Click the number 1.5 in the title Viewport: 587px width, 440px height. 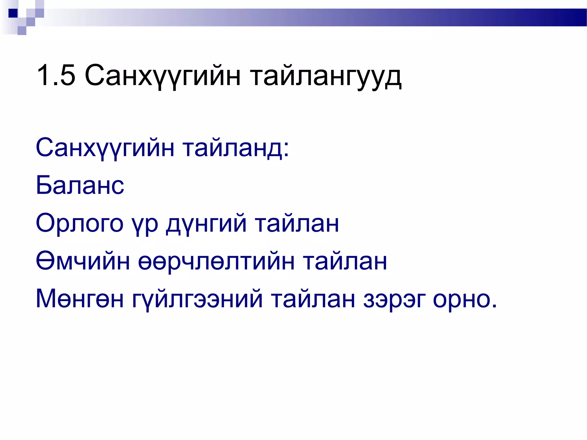click(x=56, y=75)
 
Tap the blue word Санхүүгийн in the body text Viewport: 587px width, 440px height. click(x=105, y=148)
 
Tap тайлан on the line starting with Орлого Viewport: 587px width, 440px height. click(x=297, y=223)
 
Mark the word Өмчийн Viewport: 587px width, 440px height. click(x=83, y=261)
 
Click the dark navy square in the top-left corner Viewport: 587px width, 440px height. click(x=13, y=13)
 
